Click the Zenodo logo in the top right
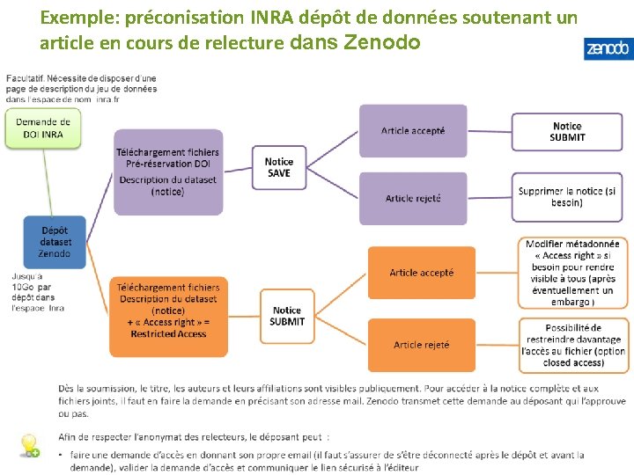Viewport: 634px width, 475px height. click(x=607, y=49)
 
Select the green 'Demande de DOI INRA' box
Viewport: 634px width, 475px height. click(x=41, y=128)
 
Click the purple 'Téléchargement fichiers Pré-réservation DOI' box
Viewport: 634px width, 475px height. click(x=167, y=172)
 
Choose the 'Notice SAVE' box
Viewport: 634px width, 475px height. click(x=278, y=167)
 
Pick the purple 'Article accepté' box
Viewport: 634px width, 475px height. click(x=412, y=131)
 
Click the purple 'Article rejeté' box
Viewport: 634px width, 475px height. click(x=412, y=198)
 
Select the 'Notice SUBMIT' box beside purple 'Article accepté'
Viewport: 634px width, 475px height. click(x=567, y=132)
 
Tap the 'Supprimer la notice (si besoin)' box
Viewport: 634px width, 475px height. click(x=567, y=196)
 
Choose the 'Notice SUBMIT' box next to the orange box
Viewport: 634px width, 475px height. click(x=287, y=316)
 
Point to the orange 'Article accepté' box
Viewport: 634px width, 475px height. click(x=421, y=273)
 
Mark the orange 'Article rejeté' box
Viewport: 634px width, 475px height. click(x=421, y=345)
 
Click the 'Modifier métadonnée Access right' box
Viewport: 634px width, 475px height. click(x=573, y=273)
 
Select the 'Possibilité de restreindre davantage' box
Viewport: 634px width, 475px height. click(x=573, y=345)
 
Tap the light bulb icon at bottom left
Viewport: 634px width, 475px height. click(x=30, y=445)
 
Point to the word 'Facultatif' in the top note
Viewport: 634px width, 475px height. click(x=26, y=79)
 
